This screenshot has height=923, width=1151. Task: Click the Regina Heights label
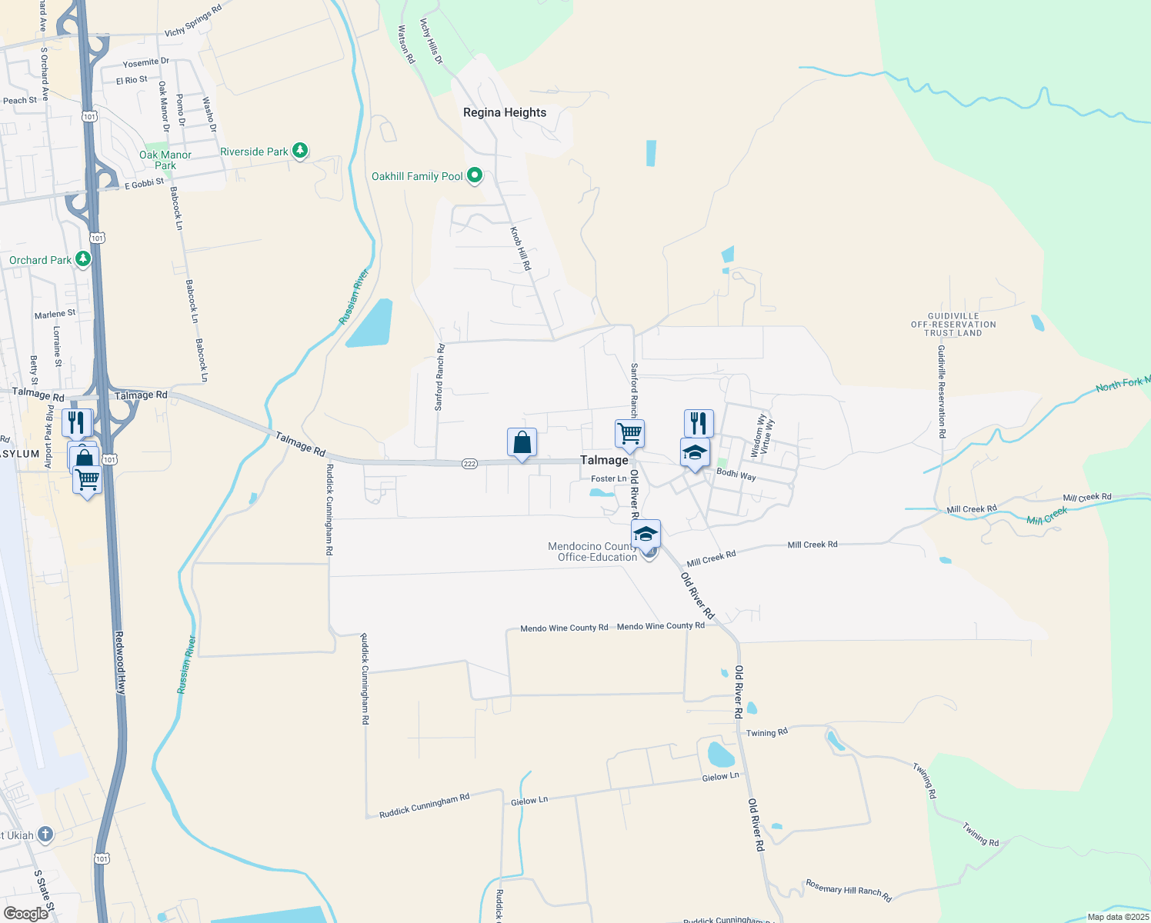(505, 112)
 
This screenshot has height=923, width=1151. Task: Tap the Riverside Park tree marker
(300, 151)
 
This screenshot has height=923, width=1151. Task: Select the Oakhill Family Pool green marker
(475, 175)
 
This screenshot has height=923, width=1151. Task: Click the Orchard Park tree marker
(82, 259)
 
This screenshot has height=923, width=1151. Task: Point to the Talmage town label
(604, 460)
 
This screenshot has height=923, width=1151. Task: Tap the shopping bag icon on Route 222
(522, 443)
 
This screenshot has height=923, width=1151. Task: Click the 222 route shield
(470, 464)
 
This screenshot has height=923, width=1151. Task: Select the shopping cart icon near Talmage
(629, 434)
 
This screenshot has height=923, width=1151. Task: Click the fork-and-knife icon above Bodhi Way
(699, 423)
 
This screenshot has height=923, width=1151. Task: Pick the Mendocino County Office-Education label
(592, 551)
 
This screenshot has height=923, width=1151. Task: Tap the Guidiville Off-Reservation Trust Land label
(953, 325)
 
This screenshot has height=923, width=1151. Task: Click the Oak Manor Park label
(165, 160)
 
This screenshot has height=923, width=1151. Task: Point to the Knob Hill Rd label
(521, 248)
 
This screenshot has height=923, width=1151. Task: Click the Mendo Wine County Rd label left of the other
(564, 628)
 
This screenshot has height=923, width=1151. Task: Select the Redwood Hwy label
(120, 663)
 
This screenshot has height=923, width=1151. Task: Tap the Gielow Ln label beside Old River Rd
(720, 777)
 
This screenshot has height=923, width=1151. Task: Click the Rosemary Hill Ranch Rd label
(848, 890)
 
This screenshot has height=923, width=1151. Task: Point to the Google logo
(26, 914)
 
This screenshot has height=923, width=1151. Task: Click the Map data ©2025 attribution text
(1118, 917)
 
